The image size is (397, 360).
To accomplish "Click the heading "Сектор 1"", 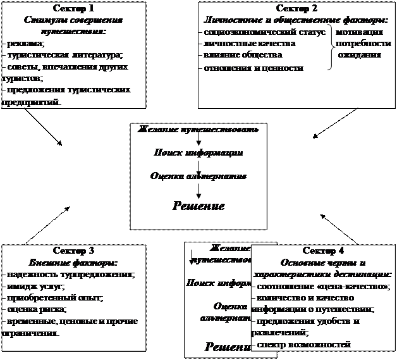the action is click(x=74, y=9).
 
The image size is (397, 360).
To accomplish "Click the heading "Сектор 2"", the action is click(x=298, y=9).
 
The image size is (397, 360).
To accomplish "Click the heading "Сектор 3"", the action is click(x=74, y=251).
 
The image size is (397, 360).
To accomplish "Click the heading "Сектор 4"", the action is click(x=323, y=251).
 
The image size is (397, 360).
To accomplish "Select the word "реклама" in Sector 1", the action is click(x=26, y=44).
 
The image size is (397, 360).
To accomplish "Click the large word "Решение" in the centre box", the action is click(x=198, y=206).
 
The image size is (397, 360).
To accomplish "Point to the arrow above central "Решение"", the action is click(x=198, y=188).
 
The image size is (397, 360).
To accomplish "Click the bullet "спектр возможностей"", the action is click(x=303, y=344).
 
